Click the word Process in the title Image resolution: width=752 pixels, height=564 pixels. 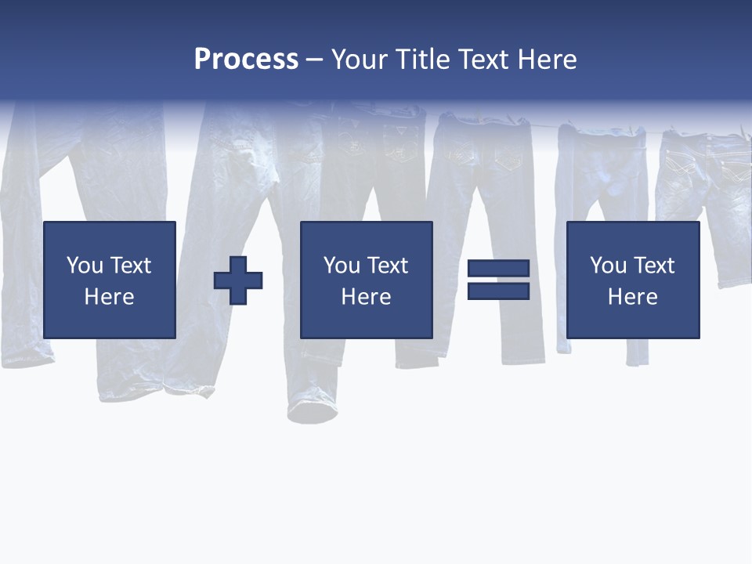246,60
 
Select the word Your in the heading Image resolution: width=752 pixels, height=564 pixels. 361,60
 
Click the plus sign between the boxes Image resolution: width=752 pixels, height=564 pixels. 238,280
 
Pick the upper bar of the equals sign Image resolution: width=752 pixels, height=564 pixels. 498,269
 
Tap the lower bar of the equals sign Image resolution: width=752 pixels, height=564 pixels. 498,291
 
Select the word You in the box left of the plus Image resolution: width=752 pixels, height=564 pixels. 85,266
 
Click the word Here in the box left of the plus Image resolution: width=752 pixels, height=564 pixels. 109,297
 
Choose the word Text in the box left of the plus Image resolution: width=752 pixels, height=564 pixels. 130,266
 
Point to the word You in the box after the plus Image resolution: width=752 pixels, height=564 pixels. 342,266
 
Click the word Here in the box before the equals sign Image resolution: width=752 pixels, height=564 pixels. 366,297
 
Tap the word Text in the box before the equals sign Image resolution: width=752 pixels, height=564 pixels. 387,266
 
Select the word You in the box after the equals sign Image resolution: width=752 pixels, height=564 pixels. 608,266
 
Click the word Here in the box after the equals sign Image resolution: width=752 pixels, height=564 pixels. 632,297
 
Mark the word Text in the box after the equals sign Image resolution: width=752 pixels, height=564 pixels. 653,266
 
